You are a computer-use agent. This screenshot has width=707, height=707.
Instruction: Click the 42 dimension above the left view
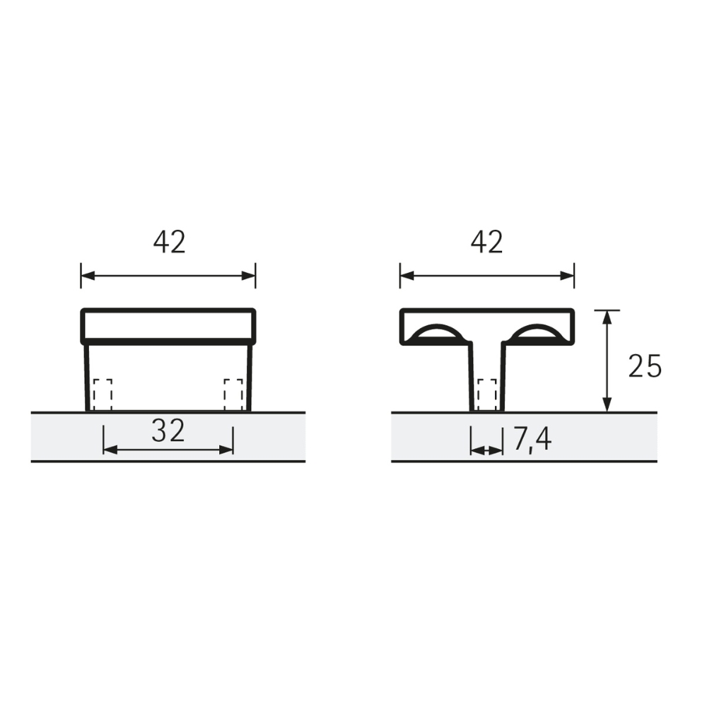pos(169,243)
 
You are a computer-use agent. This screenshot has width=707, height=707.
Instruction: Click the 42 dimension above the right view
pos(487,243)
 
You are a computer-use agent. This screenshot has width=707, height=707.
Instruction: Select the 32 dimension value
pos(168,431)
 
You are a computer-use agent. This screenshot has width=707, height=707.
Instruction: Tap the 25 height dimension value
pos(645,366)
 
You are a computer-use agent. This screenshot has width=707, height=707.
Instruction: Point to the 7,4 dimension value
pos(532,440)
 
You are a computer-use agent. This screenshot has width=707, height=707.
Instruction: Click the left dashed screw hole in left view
pos(103,395)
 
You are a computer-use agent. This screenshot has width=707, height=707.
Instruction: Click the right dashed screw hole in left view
pos(233,395)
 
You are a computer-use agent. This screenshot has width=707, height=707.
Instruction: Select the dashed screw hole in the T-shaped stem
pos(486,395)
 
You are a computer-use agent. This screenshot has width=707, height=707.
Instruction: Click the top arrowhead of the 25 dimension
pos(607,316)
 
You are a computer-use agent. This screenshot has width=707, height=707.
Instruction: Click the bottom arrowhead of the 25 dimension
pos(607,405)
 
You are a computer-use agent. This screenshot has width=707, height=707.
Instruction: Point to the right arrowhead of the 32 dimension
pos(227,450)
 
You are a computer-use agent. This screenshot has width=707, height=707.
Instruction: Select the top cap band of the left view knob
pos(168,325)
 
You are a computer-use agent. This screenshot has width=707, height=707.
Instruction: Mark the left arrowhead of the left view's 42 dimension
pos(87,275)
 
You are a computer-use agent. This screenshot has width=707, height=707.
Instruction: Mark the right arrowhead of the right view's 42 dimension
pos(568,275)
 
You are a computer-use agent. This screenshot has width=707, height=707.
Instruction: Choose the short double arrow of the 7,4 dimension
pos(486,450)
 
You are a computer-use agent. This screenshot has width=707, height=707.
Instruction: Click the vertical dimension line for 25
pos(607,361)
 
